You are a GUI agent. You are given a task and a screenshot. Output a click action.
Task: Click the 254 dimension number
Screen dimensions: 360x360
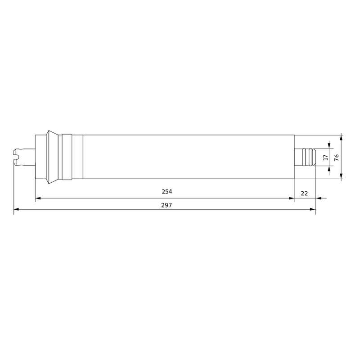[166, 192]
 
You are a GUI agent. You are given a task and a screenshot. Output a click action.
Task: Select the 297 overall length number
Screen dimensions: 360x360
[166, 205]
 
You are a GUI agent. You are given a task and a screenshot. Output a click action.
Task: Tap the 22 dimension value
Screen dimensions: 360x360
[304, 193]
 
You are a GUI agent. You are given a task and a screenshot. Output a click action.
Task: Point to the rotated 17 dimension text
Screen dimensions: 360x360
[325, 157]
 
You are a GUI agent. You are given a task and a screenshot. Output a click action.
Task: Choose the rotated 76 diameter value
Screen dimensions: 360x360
[336, 157]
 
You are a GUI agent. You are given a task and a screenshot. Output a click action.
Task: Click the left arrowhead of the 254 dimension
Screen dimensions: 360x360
[38, 198]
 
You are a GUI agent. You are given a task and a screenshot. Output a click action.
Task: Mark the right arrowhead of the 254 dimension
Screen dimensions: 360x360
[291, 198]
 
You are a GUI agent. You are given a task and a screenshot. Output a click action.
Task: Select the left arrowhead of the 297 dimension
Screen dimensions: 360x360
[16, 209]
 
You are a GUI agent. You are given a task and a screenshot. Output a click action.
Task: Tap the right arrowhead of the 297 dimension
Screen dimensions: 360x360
[313, 209]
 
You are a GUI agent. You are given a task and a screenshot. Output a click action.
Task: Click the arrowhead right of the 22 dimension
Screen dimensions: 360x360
[318, 198]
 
